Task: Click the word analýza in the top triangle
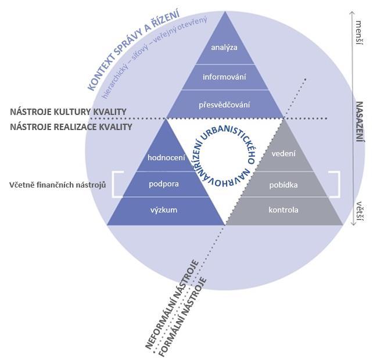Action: coord(224,47)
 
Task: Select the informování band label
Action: coord(224,77)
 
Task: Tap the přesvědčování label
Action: coord(224,105)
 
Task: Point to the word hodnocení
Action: coord(166,157)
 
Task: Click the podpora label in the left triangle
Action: coord(163,184)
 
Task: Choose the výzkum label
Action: coord(163,210)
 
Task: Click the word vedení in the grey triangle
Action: coord(283,154)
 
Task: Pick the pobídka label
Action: coord(283,185)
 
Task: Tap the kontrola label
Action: coord(283,210)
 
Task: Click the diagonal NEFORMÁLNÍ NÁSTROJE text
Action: coord(172,304)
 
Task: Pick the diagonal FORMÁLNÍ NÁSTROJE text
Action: coord(184,314)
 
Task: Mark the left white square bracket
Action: coord(117,184)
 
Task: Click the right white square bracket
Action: coord(336,184)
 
